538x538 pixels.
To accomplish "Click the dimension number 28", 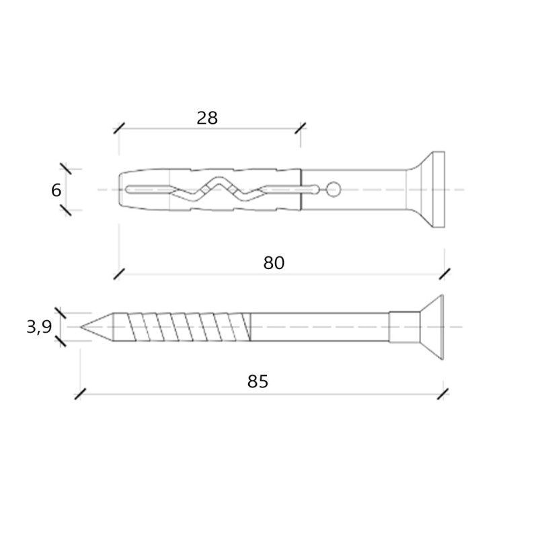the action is (x=207, y=118).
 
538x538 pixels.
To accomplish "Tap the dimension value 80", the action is (x=274, y=263).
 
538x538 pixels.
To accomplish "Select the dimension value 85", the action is (x=258, y=381).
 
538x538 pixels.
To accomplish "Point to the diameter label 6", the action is (x=56, y=190).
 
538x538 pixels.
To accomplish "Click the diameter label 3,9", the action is (x=39, y=327).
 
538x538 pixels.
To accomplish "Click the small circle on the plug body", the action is (x=333, y=190).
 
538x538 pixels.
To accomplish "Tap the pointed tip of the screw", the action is (x=81, y=327).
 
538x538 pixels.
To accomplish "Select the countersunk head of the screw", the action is (x=432, y=327).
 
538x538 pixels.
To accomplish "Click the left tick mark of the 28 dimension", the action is (x=119, y=128).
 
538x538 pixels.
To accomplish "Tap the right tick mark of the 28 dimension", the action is (x=301, y=128).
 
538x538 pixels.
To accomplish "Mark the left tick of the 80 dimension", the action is (x=119, y=274).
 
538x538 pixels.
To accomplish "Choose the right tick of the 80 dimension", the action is (x=445, y=274).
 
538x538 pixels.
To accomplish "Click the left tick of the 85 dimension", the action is (x=80, y=394).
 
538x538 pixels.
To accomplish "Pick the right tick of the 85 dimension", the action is (x=443, y=394).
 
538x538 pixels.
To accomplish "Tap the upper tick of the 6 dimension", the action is (x=65, y=169).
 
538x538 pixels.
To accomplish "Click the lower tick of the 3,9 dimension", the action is (x=61, y=341).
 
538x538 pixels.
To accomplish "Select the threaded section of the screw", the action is (x=182, y=327).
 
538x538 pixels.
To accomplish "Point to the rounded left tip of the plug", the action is (x=120, y=190).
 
